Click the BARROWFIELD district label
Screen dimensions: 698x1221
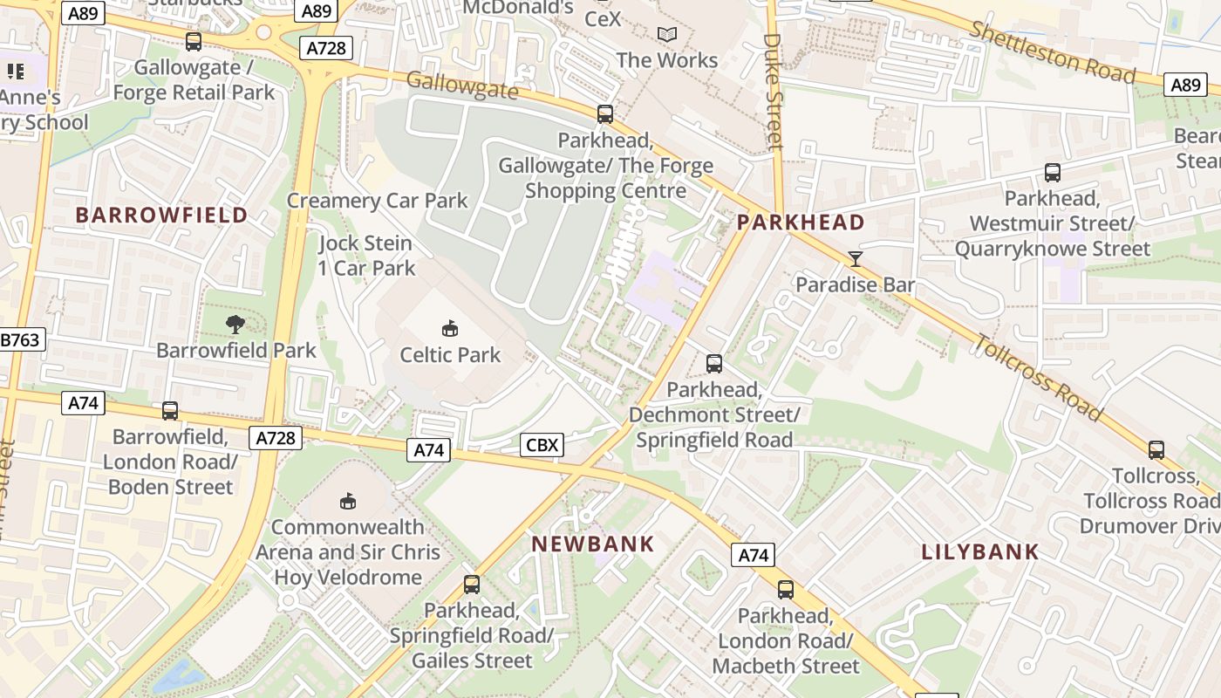click(161, 215)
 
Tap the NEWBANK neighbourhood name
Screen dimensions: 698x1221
click(593, 544)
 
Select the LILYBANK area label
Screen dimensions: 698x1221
click(980, 551)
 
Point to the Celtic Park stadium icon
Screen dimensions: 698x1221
click(450, 329)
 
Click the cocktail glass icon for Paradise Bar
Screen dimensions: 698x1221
click(856, 258)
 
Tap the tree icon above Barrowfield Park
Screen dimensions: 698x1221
click(235, 325)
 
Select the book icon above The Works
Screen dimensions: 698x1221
click(667, 35)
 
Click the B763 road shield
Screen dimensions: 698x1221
click(20, 339)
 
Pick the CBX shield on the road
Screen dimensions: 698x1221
click(542, 445)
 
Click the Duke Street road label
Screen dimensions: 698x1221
click(773, 92)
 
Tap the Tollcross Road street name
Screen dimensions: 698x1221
click(1038, 377)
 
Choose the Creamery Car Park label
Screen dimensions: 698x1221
click(378, 201)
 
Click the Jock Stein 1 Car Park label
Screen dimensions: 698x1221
click(366, 256)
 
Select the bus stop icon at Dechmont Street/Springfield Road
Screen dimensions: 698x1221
click(714, 364)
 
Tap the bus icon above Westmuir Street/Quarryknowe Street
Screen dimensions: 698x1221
click(1053, 173)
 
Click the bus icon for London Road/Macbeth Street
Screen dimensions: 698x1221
click(786, 590)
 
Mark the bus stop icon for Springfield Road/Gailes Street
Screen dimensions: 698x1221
click(472, 585)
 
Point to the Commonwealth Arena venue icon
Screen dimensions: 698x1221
click(347, 501)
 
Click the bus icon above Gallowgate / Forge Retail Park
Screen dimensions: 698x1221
click(194, 41)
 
